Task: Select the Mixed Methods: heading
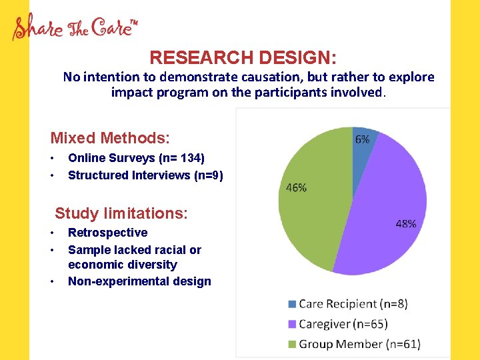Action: pyautogui.click(x=110, y=138)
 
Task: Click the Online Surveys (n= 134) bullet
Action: pyautogui.click(x=136, y=158)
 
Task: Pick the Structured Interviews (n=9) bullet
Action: pyautogui.click(x=145, y=175)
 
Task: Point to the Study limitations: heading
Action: pyautogui.click(x=121, y=213)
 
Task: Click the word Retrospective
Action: pyautogui.click(x=107, y=233)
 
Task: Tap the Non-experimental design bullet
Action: pyautogui.click(x=139, y=281)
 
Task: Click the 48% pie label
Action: pyautogui.click(x=405, y=224)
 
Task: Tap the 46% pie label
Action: pyautogui.click(x=296, y=188)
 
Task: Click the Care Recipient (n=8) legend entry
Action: pyautogui.click(x=353, y=304)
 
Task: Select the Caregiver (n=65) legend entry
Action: pyautogui.click(x=343, y=324)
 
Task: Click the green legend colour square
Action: pyautogui.click(x=292, y=344)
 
